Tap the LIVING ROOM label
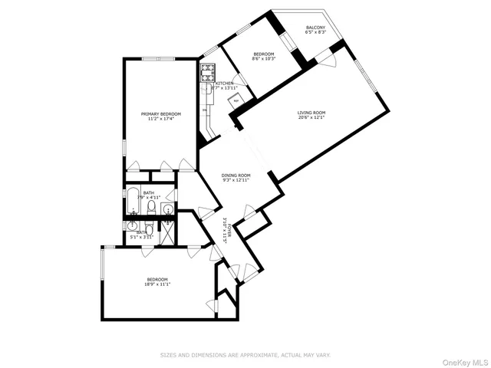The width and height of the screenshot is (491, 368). tap(311, 113)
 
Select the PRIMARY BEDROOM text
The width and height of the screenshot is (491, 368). tap(160, 114)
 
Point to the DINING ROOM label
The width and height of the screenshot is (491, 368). tap(236, 176)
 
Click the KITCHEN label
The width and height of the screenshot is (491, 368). tap(225, 83)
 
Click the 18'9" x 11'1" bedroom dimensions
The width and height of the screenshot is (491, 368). tap(157, 284)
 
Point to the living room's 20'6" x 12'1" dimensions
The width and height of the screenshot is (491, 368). tap(311, 119)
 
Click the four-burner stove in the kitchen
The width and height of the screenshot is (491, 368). tap(208, 73)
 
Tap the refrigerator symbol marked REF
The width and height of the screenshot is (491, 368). tap(237, 100)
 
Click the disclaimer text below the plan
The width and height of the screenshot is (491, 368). tap(245, 355)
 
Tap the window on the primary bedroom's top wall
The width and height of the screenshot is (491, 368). tap(160, 59)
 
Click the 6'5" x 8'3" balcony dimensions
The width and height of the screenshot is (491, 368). tap(315, 33)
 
